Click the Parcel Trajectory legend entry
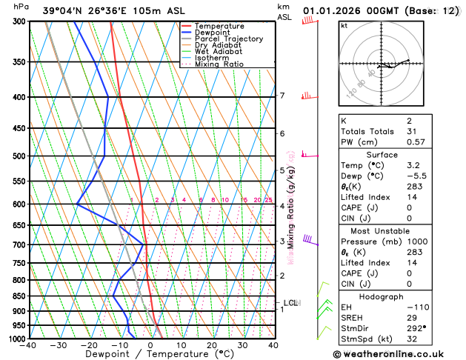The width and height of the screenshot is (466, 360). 228,39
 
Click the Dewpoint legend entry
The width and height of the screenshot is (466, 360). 212,32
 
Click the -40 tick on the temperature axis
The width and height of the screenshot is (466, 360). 28,345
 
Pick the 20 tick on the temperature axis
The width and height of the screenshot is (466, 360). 212,345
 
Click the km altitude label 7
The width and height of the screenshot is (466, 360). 282,96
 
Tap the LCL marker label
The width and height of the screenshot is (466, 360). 290,303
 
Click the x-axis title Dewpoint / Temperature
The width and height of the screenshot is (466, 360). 150,354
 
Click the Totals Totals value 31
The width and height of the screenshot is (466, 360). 390,131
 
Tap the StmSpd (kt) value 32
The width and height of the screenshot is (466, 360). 390,339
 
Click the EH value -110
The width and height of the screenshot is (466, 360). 394,307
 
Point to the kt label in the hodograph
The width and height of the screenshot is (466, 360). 344,25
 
